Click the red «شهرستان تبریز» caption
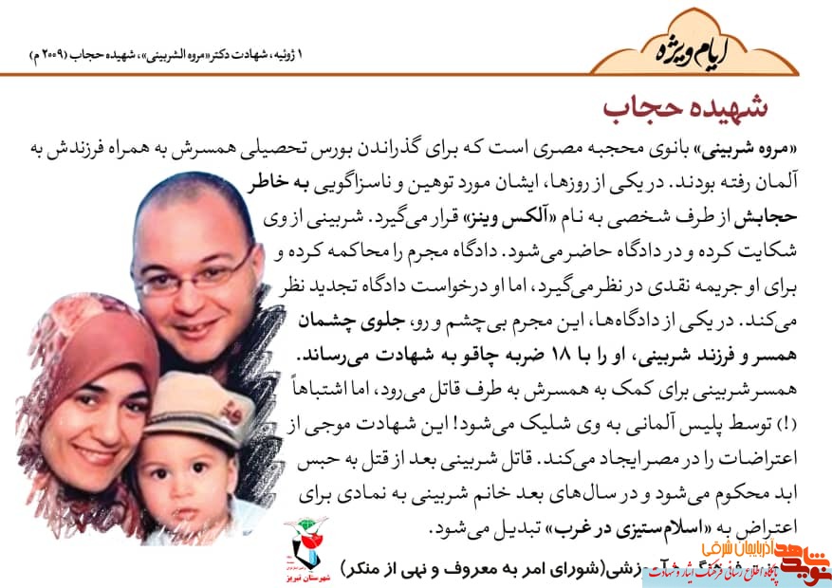tap(306, 575)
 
